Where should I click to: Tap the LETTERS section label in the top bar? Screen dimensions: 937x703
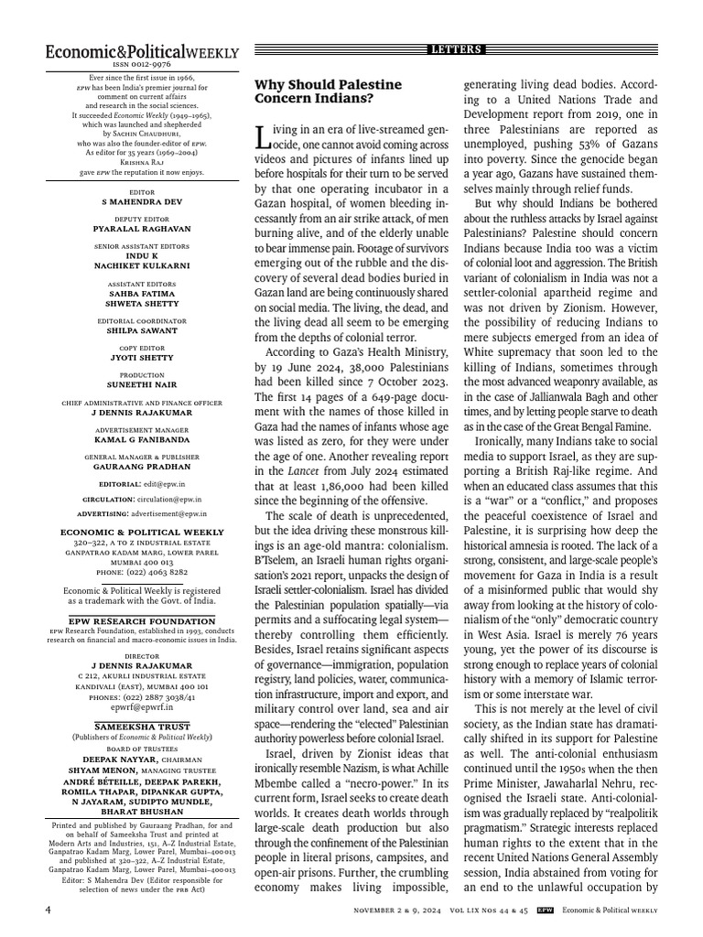(x=456, y=49)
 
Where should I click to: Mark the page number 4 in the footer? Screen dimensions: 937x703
(x=48, y=910)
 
